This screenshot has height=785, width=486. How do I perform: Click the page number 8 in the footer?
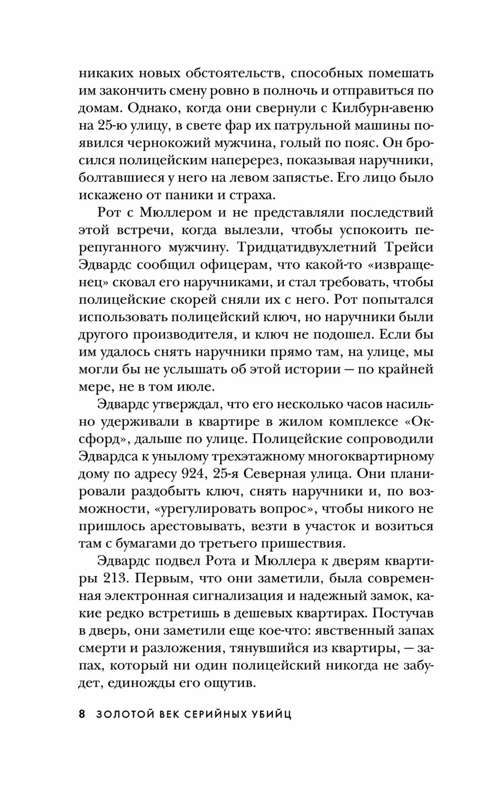tap(82, 715)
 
